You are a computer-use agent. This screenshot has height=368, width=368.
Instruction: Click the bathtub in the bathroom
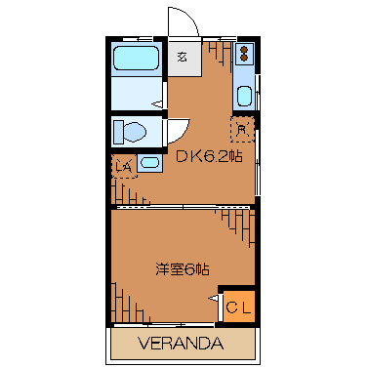click(137, 59)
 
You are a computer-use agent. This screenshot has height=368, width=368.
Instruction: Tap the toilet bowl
click(135, 132)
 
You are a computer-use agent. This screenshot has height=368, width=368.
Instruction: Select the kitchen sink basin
click(244, 96)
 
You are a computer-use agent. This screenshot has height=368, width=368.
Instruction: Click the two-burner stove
click(244, 54)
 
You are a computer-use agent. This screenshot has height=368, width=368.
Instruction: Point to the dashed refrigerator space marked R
click(242, 129)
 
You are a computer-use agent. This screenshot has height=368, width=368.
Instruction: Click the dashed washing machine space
click(124, 166)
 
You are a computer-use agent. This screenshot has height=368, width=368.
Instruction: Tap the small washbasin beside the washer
click(149, 162)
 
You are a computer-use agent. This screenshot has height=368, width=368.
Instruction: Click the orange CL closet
click(239, 307)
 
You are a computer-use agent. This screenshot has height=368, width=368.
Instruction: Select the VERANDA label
click(181, 343)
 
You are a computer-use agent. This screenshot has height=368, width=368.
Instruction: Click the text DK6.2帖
click(209, 156)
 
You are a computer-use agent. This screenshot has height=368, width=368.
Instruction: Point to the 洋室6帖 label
click(183, 269)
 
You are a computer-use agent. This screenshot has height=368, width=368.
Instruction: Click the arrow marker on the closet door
click(214, 298)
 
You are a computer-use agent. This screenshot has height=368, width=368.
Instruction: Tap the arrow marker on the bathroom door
click(157, 104)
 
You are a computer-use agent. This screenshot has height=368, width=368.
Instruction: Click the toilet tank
click(118, 132)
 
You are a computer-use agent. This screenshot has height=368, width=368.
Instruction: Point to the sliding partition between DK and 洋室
click(183, 207)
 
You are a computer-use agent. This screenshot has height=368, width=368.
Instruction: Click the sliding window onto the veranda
click(164, 324)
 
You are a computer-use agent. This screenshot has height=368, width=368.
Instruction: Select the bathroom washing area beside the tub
click(137, 94)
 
